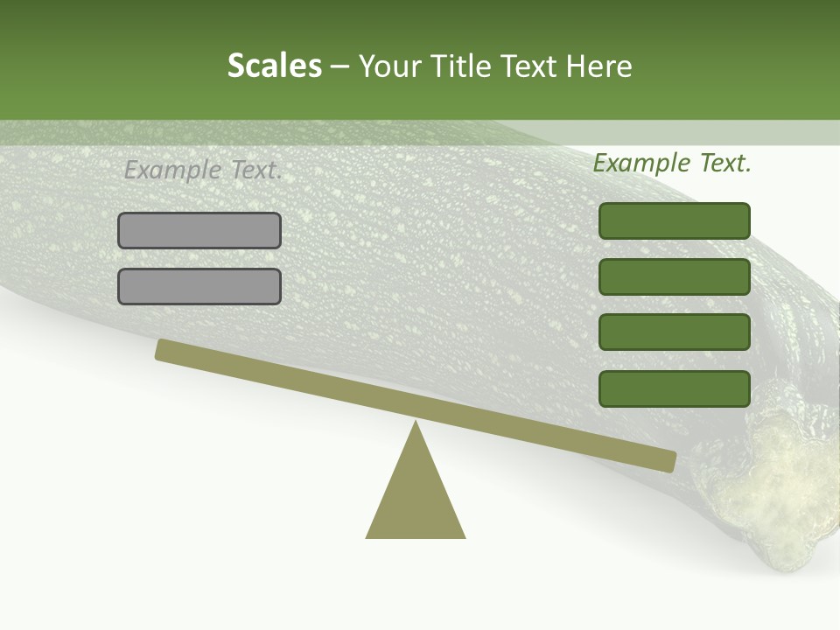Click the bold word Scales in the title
click(274, 66)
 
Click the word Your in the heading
click(391, 66)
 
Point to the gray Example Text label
click(203, 170)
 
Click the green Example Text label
click(672, 163)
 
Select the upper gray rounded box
click(199, 231)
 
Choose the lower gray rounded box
click(199, 287)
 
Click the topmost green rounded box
click(675, 220)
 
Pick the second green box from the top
click(675, 276)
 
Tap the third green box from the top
click(675, 332)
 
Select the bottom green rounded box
click(675, 388)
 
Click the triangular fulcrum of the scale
click(416, 494)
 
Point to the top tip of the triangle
click(416, 423)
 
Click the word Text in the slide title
click(527, 66)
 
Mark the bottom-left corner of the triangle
click(367, 536)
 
